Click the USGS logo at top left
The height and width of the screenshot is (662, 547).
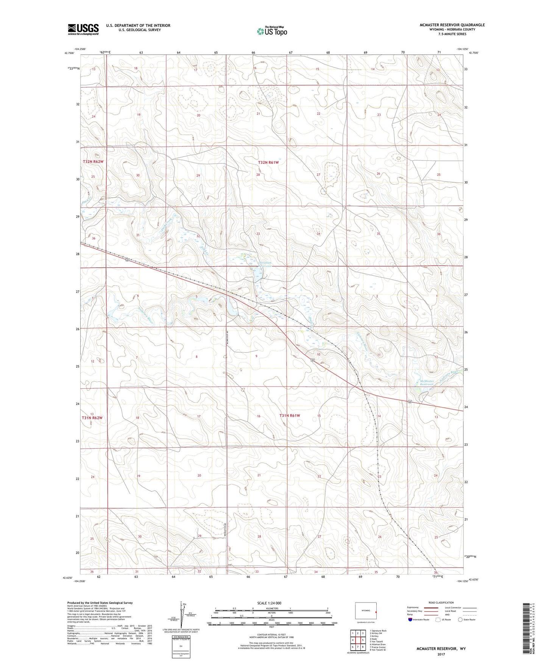click(x=83, y=29)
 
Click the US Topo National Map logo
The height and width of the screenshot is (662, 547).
click(x=271, y=31)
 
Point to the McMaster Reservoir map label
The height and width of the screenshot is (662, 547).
click(x=427, y=383)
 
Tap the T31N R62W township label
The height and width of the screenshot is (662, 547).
click(x=92, y=417)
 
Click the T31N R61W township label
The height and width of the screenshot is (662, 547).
click(x=290, y=416)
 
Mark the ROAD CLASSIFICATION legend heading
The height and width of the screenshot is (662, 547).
click(x=441, y=602)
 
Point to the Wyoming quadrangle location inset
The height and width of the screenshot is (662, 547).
click(x=366, y=611)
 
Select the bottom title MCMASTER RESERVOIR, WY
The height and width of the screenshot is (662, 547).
click(x=441, y=649)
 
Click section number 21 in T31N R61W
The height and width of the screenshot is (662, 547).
click(x=259, y=475)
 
